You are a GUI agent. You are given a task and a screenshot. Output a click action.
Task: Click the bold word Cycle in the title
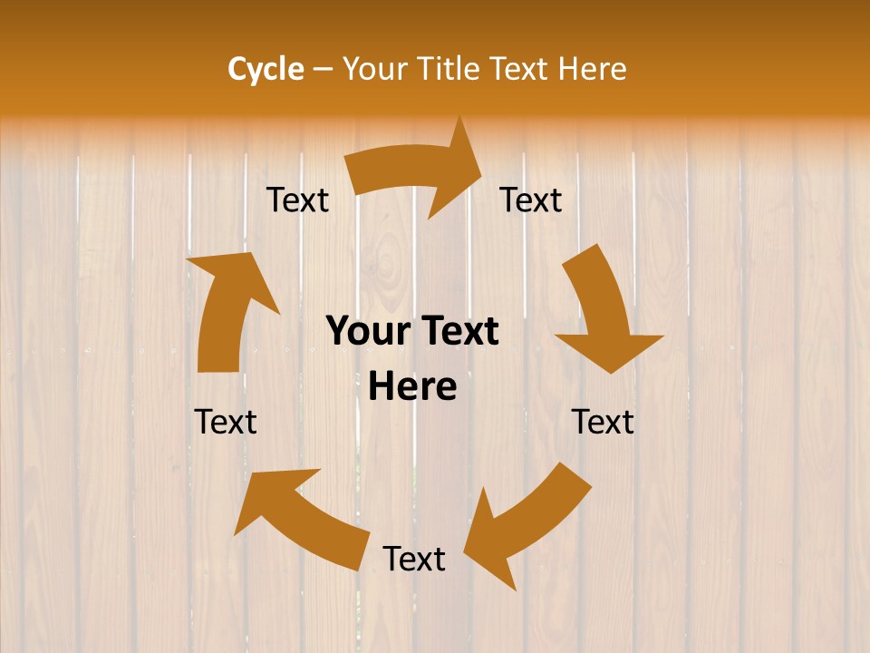tap(266, 69)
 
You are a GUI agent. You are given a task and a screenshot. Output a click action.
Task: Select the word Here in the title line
tap(591, 69)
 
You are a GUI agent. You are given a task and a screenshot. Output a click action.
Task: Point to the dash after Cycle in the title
tap(323, 69)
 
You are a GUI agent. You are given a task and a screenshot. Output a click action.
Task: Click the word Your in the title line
tap(376, 69)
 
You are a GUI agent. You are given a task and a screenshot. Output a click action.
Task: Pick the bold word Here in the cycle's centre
tap(412, 387)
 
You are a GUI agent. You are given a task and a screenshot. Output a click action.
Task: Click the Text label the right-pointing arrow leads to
tap(531, 200)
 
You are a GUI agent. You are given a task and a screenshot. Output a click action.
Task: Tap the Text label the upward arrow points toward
tap(297, 200)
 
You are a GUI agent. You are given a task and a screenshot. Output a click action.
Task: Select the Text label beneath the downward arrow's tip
tap(603, 422)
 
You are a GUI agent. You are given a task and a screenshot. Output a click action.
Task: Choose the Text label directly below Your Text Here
tap(413, 559)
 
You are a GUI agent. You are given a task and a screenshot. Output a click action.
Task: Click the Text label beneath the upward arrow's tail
tap(226, 422)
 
